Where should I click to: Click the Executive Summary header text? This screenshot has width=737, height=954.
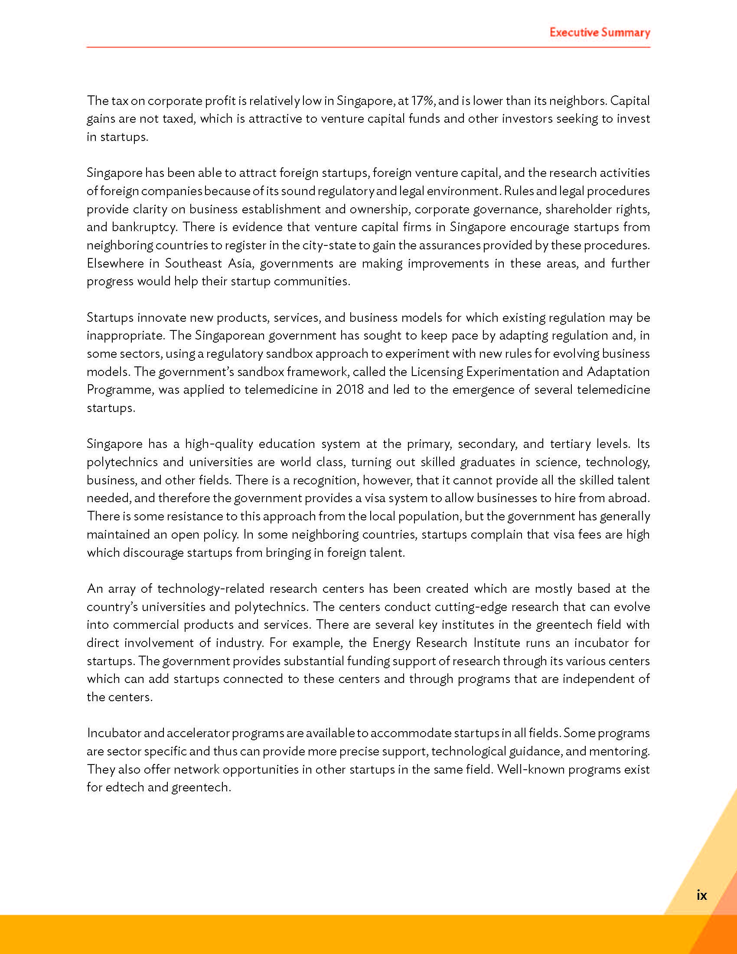(600, 33)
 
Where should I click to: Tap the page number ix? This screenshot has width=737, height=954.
(701, 895)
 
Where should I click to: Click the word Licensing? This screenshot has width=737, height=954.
(436, 372)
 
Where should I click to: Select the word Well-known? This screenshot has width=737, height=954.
(530, 769)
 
